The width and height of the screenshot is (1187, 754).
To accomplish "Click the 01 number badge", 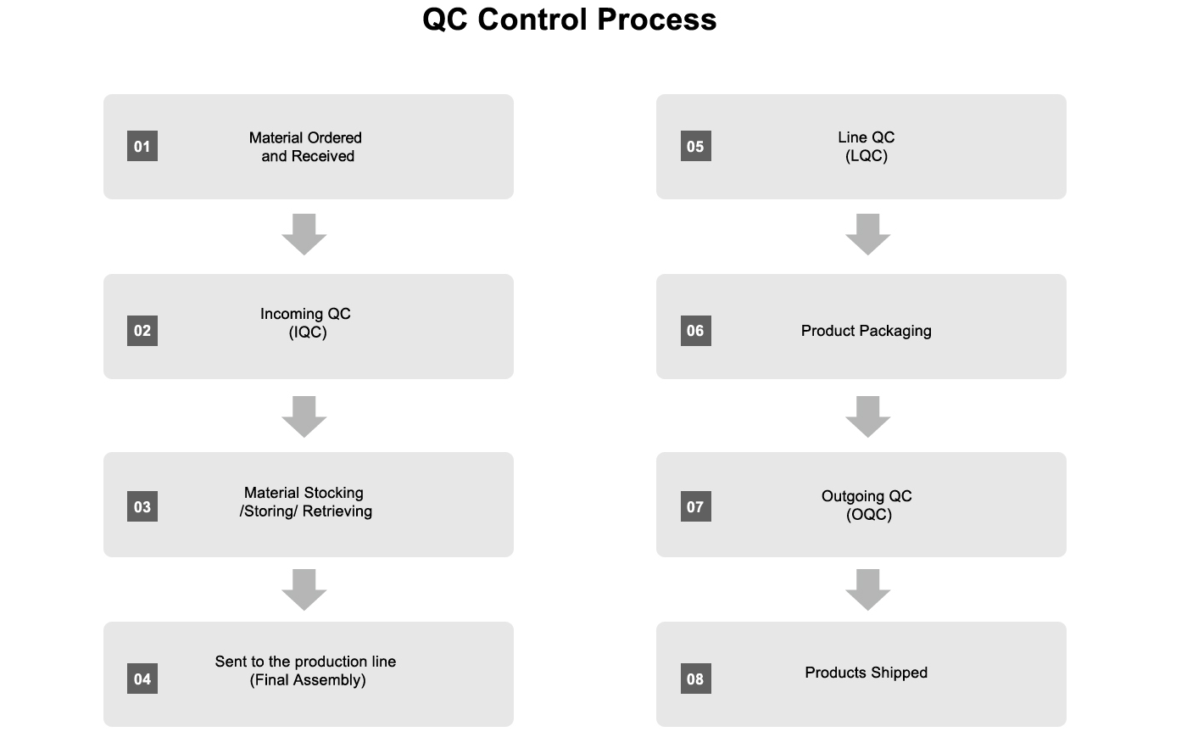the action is [x=142, y=146].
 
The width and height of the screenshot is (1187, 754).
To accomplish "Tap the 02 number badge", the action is [x=142, y=330].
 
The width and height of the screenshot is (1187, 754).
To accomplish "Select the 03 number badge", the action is [x=142, y=506].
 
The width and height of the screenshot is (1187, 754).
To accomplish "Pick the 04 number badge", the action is [x=142, y=679].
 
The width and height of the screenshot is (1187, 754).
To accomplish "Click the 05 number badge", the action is [x=696, y=146].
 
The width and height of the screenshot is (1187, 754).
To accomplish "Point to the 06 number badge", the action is [x=696, y=330].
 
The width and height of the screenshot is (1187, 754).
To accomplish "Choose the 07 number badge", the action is [x=696, y=506].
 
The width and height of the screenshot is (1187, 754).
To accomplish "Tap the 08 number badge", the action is [x=696, y=679].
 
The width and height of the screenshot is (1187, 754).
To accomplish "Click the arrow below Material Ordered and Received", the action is [x=304, y=234].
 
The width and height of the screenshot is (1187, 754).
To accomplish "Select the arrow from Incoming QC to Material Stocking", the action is [x=304, y=416].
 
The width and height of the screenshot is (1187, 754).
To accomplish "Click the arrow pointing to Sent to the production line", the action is [x=304, y=589].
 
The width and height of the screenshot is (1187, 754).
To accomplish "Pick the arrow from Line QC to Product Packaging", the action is [x=868, y=234].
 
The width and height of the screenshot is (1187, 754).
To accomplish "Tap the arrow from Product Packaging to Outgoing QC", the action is [x=868, y=416].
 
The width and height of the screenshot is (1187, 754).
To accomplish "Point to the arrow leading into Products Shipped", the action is [x=868, y=589].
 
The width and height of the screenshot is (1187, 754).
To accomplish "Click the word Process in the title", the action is [x=656, y=20].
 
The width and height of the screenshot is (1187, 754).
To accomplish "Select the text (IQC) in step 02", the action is [x=308, y=332].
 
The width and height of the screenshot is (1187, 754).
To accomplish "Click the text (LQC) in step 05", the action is [x=867, y=156].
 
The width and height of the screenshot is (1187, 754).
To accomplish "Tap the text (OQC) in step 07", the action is [x=869, y=514].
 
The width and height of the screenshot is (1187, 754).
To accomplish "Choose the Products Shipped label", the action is [x=867, y=673].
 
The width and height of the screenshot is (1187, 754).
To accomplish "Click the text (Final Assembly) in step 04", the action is [x=308, y=679].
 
